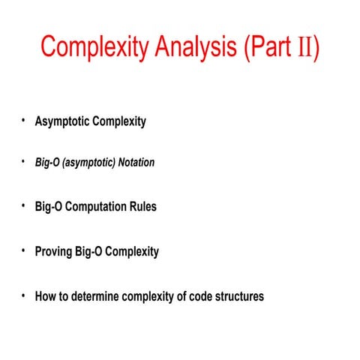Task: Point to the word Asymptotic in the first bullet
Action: tap(62, 122)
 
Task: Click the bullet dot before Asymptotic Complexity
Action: tap(23, 121)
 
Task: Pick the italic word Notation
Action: tap(133, 162)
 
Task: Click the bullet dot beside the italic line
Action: tap(23, 160)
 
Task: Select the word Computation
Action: tap(98, 207)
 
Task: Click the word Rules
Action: tap(143, 207)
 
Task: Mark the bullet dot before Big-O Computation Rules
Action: tap(23, 205)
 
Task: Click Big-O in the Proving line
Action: tap(88, 252)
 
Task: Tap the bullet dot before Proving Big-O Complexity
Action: tap(23, 250)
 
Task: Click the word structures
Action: tap(238, 296)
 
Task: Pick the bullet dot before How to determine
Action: tap(23, 295)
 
